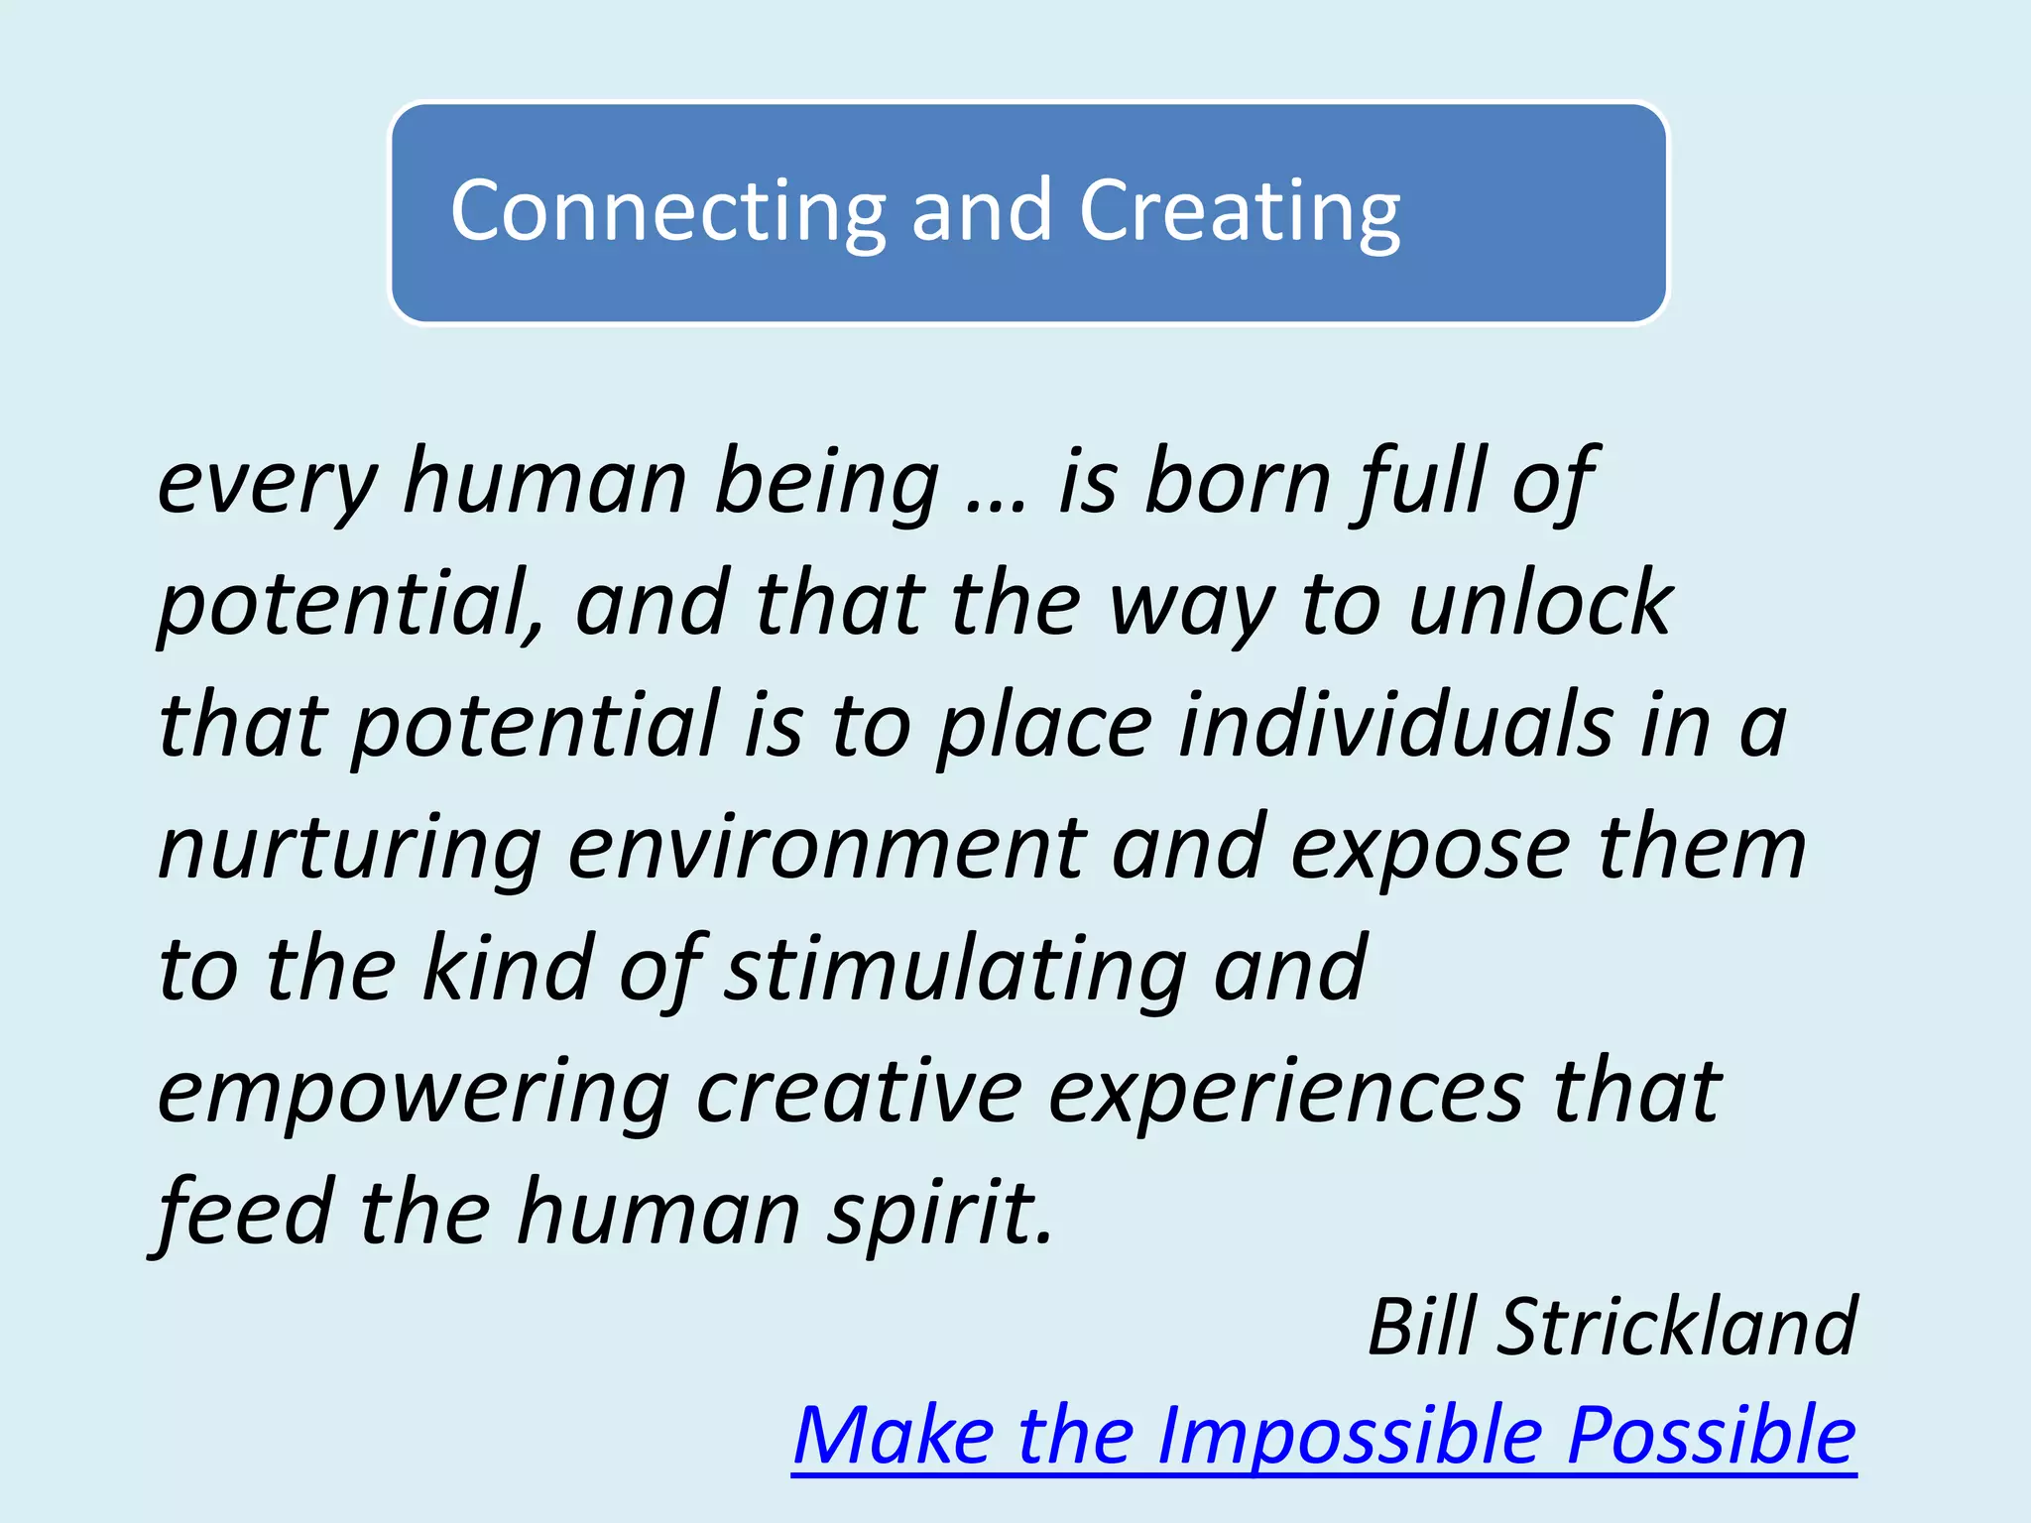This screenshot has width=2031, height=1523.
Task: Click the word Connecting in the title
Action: click(x=667, y=211)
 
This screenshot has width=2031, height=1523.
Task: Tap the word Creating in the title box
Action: click(x=1240, y=211)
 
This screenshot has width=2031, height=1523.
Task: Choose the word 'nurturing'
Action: click(x=350, y=849)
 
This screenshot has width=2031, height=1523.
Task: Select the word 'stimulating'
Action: click(x=956, y=970)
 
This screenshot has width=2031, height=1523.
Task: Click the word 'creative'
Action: click(x=859, y=1092)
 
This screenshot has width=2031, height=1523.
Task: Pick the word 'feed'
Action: click(x=244, y=1213)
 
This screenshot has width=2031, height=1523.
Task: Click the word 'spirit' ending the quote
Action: click(x=938, y=1215)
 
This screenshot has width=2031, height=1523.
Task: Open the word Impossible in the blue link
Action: click(x=1350, y=1437)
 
